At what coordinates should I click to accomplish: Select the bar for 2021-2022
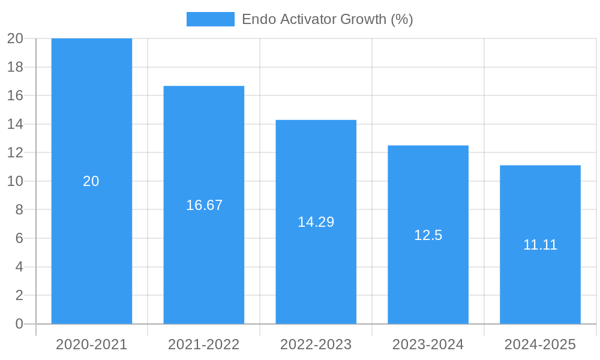pos(203,156)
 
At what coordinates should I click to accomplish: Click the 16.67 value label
pos(204,205)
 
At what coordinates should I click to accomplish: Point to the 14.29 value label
pos(316,222)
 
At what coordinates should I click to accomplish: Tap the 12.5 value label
pos(428,235)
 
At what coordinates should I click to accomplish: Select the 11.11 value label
pos(540,245)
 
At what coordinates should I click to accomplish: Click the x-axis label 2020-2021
pos(91,344)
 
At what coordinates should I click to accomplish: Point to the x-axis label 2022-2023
pos(316,344)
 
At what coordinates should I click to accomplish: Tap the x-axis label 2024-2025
pos(540,344)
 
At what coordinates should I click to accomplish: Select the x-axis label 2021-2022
pos(203,344)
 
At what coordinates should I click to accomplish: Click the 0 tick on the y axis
pos(19,324)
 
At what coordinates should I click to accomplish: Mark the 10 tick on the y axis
pos(15,181)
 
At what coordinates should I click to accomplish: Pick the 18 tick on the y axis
pos(15,67)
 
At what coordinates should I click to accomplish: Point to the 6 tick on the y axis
pos(19,238)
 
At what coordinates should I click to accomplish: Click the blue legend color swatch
pos(210,19)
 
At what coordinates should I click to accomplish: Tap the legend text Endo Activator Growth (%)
pos(327,19)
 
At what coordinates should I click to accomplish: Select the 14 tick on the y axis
pos(15,124)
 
